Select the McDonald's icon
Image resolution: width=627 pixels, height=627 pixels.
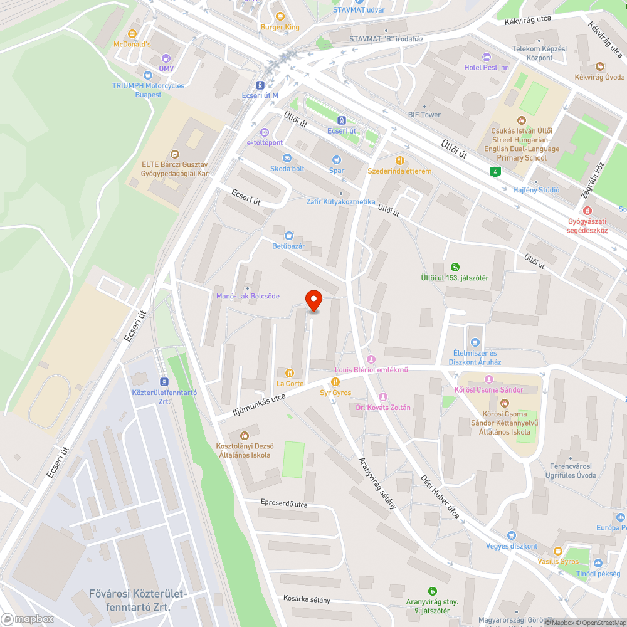coord(132,34)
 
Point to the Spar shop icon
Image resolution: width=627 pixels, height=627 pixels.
coord(337,159)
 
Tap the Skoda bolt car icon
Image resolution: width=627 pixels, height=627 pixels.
coord(287,158)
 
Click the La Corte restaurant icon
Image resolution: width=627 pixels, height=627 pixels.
coord(290,372)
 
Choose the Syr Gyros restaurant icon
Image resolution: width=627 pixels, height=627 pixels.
coord(335,381)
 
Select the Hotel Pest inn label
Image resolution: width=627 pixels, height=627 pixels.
coord(487,67)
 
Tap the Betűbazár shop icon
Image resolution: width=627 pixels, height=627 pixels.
coord(288,235)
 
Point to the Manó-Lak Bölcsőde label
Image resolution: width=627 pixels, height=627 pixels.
coord(248,296)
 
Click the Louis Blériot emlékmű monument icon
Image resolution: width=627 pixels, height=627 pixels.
coord(371,359)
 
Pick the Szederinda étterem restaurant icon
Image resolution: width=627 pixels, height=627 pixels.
coord(399,160)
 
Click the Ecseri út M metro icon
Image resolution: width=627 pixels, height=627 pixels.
coord(260,85)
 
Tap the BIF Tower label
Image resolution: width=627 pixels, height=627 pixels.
coord(424,115)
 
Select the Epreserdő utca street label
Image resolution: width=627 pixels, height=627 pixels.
coord(285,503)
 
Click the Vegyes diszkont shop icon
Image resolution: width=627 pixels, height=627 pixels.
coord(511,535)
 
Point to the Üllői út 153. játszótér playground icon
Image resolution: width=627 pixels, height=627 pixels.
coord(455,266)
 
